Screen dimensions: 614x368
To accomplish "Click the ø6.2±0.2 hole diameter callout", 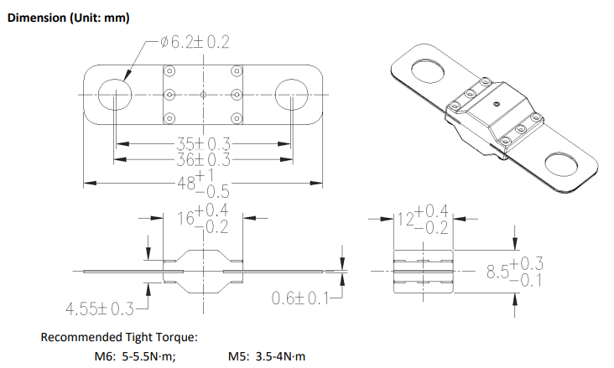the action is [x=195, y=42].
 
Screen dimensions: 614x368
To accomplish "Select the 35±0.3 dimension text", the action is [x=203, y=144].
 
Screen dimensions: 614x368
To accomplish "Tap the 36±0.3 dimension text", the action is [x=203, y=159].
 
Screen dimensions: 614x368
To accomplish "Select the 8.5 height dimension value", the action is [x=515, y=272].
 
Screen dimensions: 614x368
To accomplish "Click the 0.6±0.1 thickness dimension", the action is [x=300, y=298].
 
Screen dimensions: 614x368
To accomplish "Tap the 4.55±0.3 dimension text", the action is [x=100, y=308].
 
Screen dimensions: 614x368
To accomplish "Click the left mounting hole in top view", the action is [x=114, y=95].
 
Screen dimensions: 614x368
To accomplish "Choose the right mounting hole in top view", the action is [x=291, y=95].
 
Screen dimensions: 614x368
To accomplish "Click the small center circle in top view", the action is [x=203, y=95].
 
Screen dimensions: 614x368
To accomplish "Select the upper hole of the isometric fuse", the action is [x=428, y=71].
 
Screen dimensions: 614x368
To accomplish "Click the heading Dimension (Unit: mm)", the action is [x=69, y=18].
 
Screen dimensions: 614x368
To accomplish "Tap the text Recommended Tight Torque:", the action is [x=119, y=337].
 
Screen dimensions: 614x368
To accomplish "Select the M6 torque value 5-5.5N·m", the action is [x=149, y=356].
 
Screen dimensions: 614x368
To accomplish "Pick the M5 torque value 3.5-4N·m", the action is [x=280, y=356].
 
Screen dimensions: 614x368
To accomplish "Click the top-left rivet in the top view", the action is [x=169, y=71].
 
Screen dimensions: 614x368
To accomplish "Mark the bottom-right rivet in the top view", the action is [x=237, y=118].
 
